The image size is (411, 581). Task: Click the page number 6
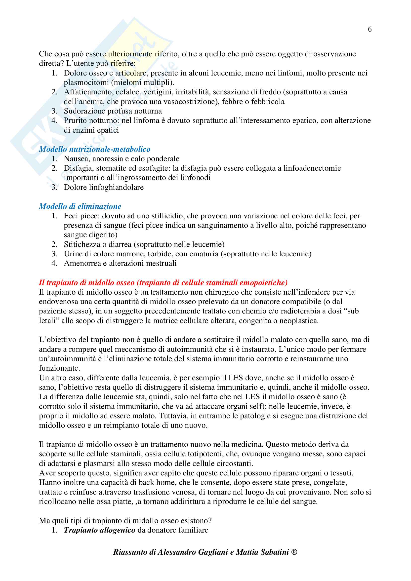(x=370, y=29)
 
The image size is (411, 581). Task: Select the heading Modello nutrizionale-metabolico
(x=95, y=149)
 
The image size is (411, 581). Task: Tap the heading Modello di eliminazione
(x=80, y=206)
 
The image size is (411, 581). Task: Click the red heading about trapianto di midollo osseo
(x=163, y=282)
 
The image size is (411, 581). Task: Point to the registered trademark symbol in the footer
(x=294, y=552)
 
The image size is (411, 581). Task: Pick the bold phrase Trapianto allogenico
(x=99, y=530)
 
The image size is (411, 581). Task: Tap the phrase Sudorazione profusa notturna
(x=113, y=111)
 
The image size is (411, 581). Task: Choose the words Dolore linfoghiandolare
(x=104, y=187)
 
